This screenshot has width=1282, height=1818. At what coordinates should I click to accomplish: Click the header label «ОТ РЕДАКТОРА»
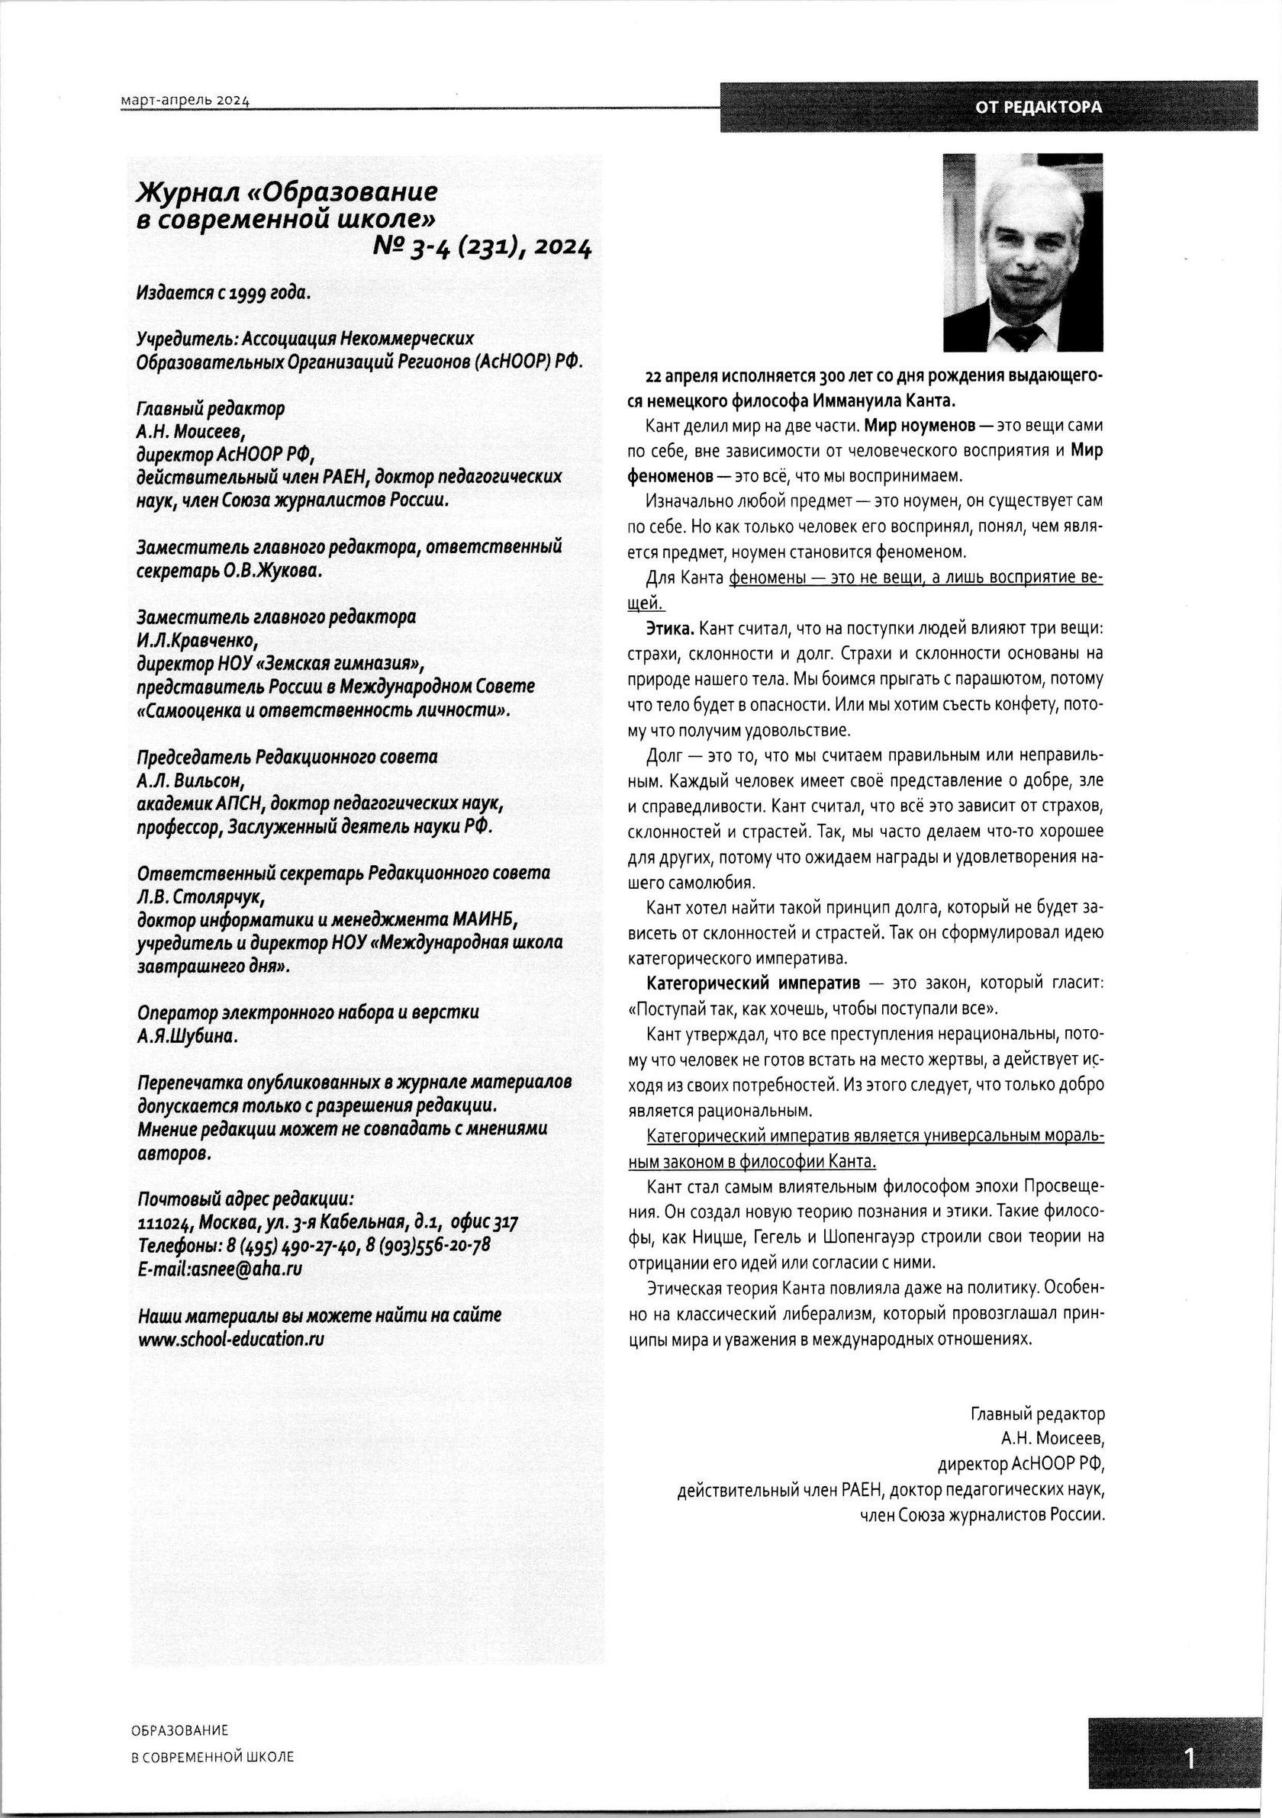click(1037, 107)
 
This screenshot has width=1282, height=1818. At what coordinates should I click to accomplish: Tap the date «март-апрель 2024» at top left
click(185, 101)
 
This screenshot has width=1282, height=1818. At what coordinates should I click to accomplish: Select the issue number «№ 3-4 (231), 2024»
click(482, 249)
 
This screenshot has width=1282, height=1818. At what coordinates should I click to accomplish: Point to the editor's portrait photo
click(1023, 252)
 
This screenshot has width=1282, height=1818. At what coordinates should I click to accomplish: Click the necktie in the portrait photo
click(1022, 337)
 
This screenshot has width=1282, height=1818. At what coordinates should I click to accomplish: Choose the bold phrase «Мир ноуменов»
click(920, 425)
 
